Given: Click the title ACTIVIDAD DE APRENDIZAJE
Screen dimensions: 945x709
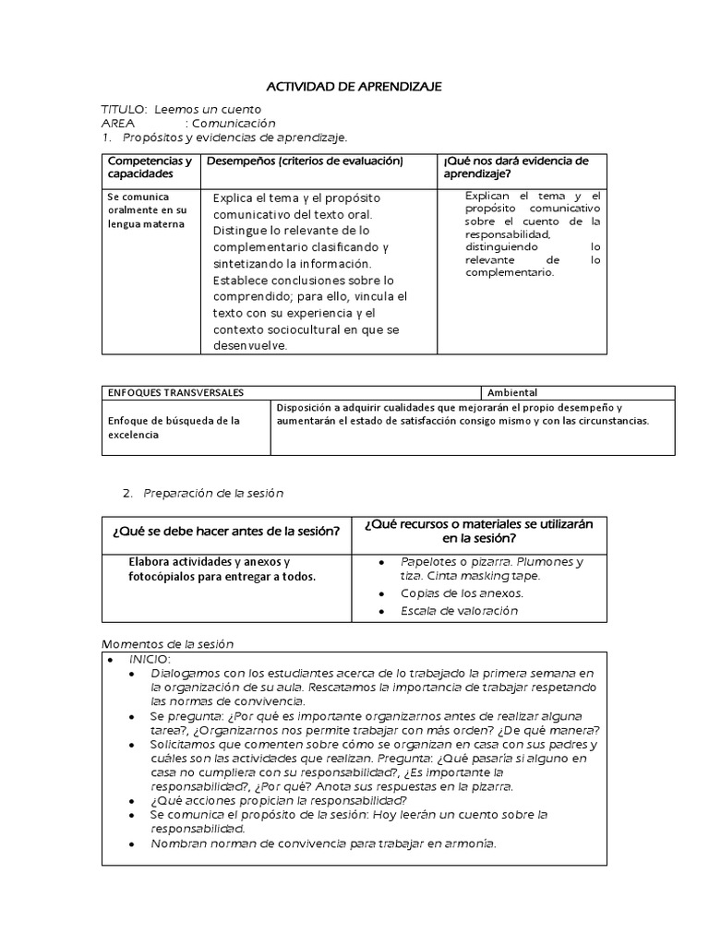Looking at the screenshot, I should [x=354, y=86].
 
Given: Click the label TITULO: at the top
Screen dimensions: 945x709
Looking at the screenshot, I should [x=124, y=110].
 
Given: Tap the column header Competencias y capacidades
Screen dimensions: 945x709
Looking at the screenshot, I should [x=149, y=167].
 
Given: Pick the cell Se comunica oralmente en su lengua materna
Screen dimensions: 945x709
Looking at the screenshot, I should [x=147, y=210].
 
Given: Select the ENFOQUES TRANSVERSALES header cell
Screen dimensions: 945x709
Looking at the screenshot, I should [x=176, y=392].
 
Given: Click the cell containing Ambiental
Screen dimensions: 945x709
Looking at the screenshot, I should [x=512, y=392].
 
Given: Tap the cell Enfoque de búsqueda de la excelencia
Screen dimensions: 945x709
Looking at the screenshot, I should [x=174, y=427].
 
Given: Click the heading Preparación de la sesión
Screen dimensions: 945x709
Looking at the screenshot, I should [x=212, y=494].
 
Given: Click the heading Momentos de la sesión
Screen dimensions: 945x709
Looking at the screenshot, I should [x=169, y=643].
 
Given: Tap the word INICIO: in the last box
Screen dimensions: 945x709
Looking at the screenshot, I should [x=150, y=659].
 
